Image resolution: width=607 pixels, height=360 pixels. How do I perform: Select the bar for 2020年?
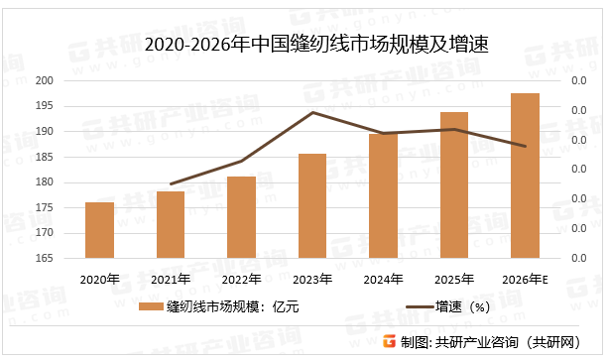point(99,231)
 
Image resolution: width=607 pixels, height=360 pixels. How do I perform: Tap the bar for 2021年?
point(171,225)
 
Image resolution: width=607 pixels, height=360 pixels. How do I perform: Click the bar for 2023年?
point(311,206)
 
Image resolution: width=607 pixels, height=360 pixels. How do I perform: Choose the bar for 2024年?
point(383,196)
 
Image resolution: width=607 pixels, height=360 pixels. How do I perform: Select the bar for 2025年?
point(453,185)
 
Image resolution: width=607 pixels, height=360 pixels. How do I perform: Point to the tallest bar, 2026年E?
point(525,176)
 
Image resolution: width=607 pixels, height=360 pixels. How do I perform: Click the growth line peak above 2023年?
point(312,112)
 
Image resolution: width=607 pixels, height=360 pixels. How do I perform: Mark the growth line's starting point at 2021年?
point(171,184)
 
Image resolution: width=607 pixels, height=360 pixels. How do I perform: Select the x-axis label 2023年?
point(312,280)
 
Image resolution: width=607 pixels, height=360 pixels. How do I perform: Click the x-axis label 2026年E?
point(525,280)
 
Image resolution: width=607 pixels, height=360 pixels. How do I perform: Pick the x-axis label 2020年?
point(99,280)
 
